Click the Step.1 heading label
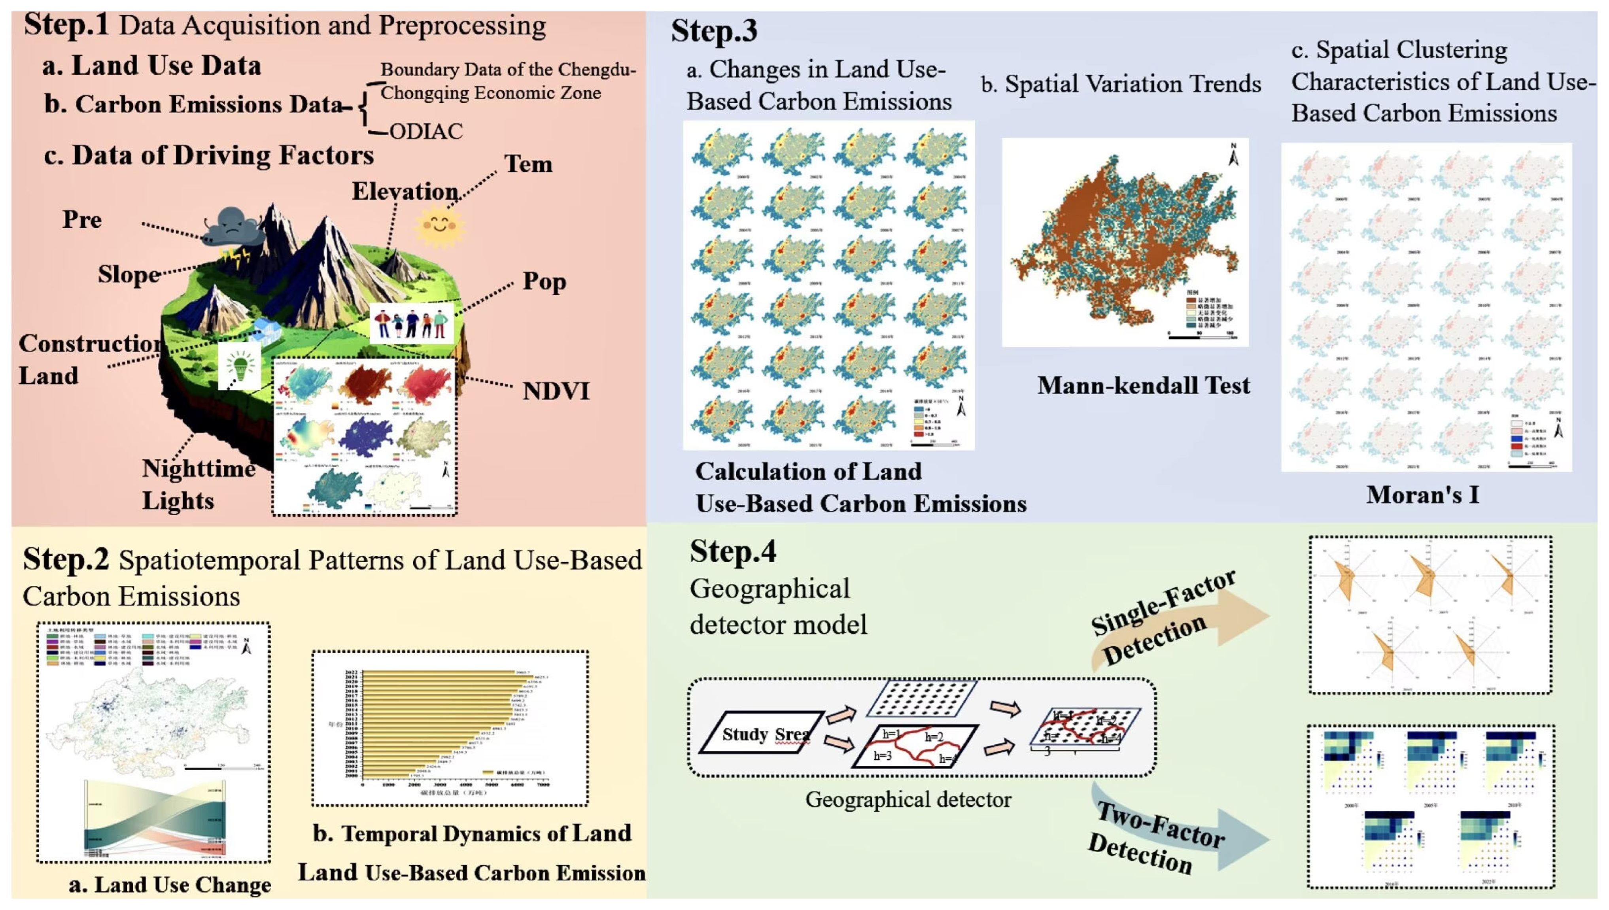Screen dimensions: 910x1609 66,25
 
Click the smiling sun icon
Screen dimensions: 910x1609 439,226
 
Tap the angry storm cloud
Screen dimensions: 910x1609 231,228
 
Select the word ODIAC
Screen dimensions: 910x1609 426,131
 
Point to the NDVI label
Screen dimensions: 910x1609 556,391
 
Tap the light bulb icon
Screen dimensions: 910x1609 239,366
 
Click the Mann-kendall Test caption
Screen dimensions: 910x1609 1143,386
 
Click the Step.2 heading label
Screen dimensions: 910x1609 66,559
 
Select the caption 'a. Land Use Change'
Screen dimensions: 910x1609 170,884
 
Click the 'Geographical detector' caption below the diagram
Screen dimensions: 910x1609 908,799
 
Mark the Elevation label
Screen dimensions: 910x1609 405,191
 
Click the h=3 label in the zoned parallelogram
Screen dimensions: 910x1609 882,755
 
